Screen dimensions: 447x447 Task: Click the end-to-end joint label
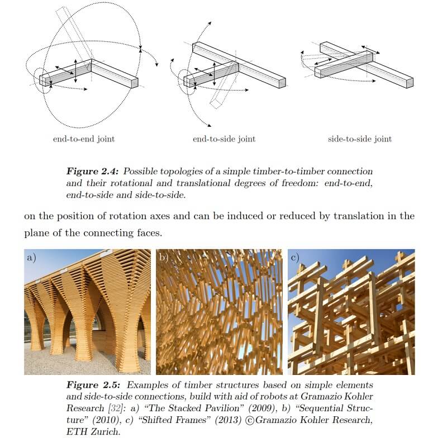(x=84, y=139)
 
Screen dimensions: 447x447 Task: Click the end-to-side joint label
(x=223, y=139)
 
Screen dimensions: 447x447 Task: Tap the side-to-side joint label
(x=360, y=139)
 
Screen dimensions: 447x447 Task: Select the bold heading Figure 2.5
(x=91, y=386)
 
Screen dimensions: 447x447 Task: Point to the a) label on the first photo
(x=32, y=258)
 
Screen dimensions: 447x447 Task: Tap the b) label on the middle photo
(x=164, y=258)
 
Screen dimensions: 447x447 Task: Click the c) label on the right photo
(x=294, y=258)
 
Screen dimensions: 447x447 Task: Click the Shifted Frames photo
(x=351, y=312)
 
